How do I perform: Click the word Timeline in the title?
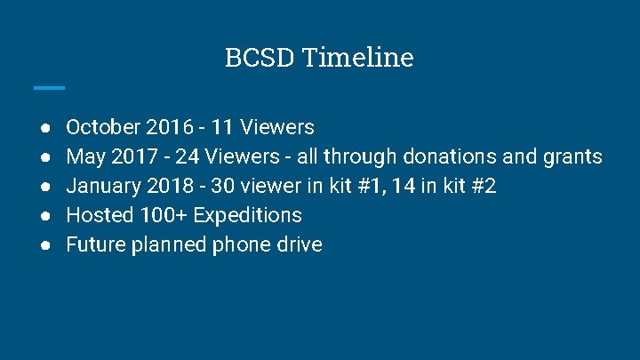[357, 58]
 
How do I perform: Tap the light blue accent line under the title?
[49, 87]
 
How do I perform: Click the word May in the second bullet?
[85, 157]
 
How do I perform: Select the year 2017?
[133, 157]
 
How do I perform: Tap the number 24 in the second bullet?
[188, 157]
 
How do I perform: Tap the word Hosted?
[100, 215]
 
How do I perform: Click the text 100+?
[164, 215]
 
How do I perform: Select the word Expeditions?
[247, 215]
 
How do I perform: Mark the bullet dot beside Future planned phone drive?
[44, 244]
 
